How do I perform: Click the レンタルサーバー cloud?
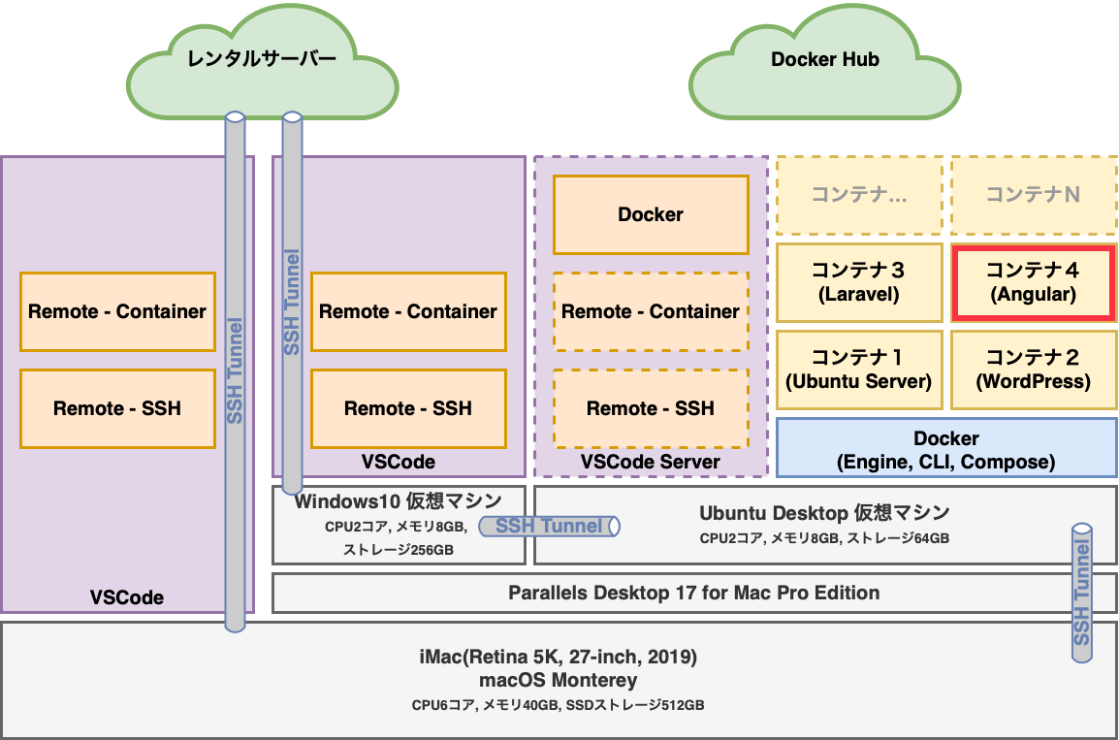[x=262, y=60]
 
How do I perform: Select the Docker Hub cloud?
[x=824, y=60]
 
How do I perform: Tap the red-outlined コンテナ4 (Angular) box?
[x=1034, y=282]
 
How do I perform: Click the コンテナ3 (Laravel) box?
[x=858, y=282]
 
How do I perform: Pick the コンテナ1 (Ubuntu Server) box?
[x=858, y=370]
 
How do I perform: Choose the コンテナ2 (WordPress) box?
[x=1034, y=370]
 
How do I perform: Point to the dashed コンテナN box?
[x=1034, y=195]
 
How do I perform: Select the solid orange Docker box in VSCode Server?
[x=651, y=214]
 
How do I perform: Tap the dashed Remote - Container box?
[x=651, y=311]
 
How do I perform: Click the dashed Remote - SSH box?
[x=651, y=408]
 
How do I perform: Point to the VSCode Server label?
[x=651, y=463]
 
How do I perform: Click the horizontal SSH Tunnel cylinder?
[x=549, y=526]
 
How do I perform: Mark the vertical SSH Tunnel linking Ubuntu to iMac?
[x=1082, y=593]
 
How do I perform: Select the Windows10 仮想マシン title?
[x=399, y=501]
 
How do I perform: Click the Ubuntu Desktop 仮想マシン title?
[x=824, y=512]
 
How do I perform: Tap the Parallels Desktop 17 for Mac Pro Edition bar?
[x=693, y=593]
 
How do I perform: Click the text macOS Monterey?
[x=558, y=680]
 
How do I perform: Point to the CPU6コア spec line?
[x=558, y=705]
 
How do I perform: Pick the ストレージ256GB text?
[x=399, y=550]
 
